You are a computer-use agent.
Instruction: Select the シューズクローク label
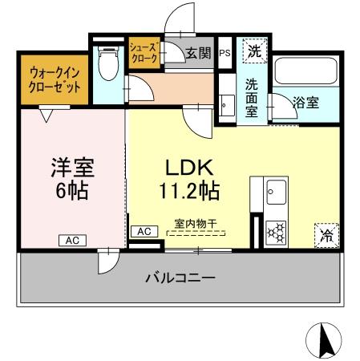pyautogui.click(x=144, y=54)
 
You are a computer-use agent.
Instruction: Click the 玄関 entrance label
pyautogui.click(x=198, y=55)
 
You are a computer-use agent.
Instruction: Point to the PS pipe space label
pyautogui.click(x=224, y=54)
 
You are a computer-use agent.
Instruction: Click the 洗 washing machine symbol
pyautogui.click(x=253, y=51)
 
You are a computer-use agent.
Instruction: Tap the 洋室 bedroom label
pyautogui.click(x=73, y=169)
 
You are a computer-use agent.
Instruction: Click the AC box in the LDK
pyautogui.click(x=144, y=231)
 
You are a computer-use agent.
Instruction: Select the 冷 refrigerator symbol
pyautogui.click(x=326, y=235)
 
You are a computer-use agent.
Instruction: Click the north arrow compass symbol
pyautogui.click(x=326, y=341)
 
